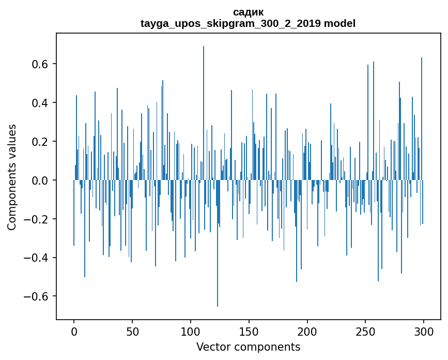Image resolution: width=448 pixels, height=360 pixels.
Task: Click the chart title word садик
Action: [248, 12]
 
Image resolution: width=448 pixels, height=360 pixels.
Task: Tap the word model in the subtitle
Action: [339, 24]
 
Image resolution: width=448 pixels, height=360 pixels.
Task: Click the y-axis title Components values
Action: [12, 177]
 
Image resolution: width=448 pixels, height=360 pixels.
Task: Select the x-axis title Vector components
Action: [248, 347]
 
